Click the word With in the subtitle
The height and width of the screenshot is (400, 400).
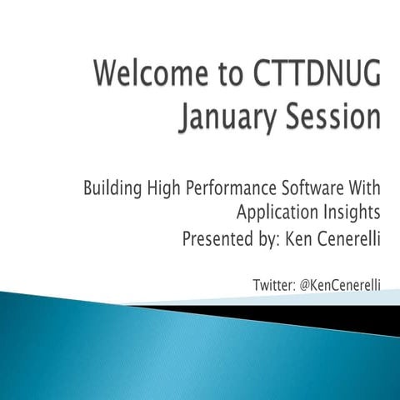click(x=364, y=187)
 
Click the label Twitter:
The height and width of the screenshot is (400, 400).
click(x=274, y=285)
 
